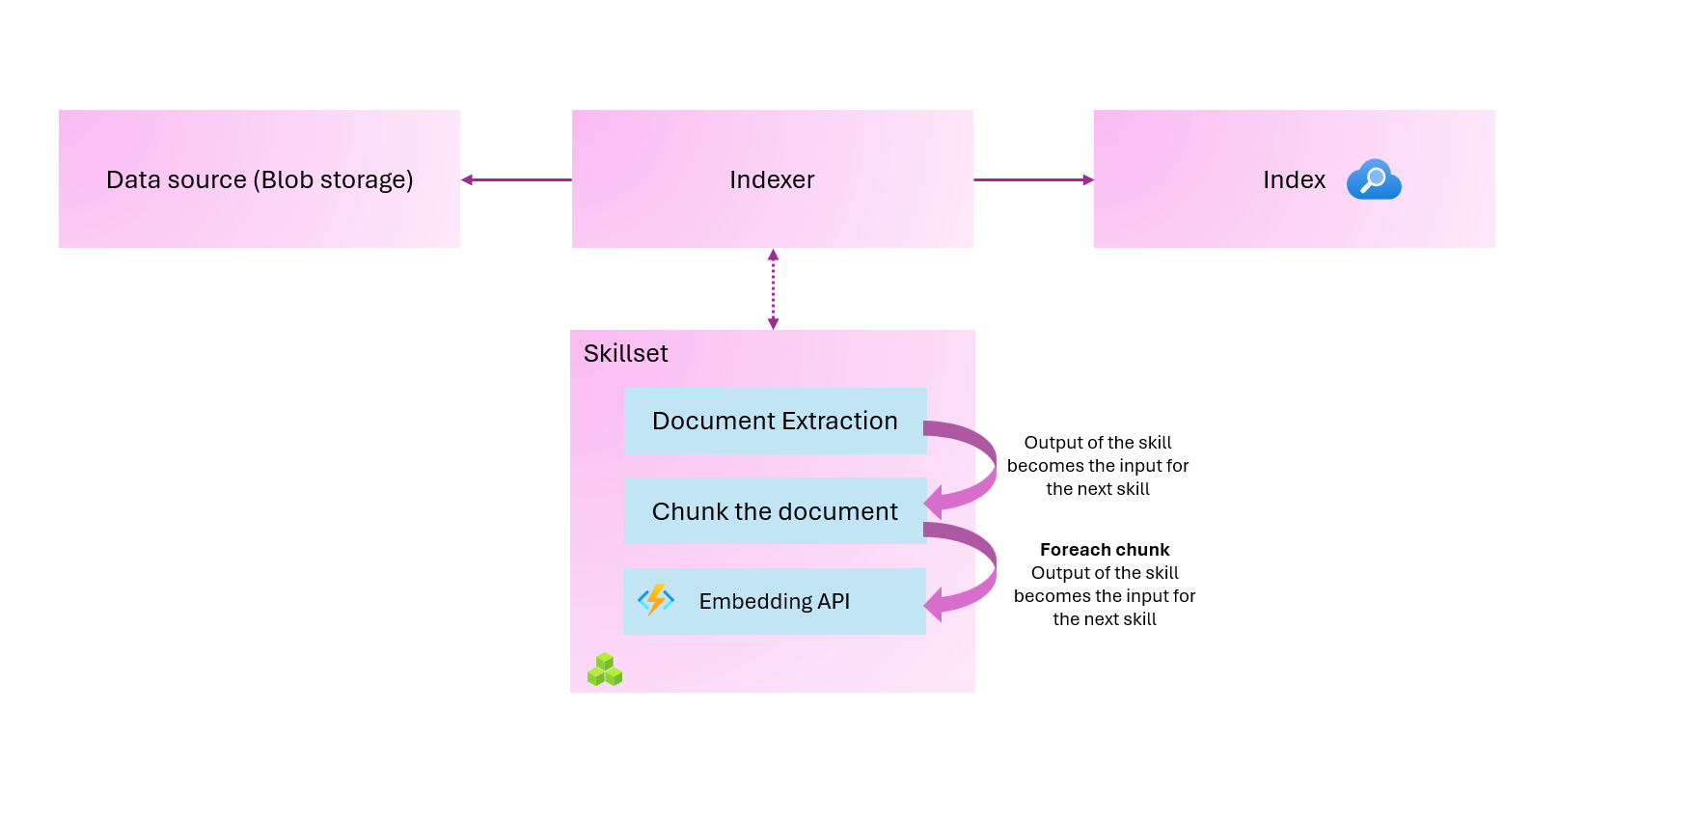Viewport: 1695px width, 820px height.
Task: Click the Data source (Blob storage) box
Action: click(259, 179)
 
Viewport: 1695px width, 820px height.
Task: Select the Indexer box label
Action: click(772, 180)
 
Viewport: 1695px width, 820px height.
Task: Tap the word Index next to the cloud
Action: click(1294, 180)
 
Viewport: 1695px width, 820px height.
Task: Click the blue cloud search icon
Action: click(1374, 179)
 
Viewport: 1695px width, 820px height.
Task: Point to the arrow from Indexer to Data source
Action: click(516, 179)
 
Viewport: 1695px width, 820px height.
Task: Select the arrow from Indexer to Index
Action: click(1033, 179)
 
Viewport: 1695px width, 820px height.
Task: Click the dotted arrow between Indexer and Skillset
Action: click(773, 288)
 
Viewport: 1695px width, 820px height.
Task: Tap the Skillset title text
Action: click(625, 354)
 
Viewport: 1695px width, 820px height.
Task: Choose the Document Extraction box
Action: click(775, 422)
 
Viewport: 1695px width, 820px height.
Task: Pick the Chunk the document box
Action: click(775, 511)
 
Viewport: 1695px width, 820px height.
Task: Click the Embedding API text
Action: click(774, 602)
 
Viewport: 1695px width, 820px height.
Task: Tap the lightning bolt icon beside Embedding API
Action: click(656, 599)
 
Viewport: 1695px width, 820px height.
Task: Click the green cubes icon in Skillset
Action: click(605, 670)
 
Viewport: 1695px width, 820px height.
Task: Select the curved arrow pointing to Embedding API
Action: click(974, 569)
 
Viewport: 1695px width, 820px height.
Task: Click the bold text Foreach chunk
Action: click(1105, 550)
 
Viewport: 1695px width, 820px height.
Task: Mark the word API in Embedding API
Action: click(834, 602)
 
